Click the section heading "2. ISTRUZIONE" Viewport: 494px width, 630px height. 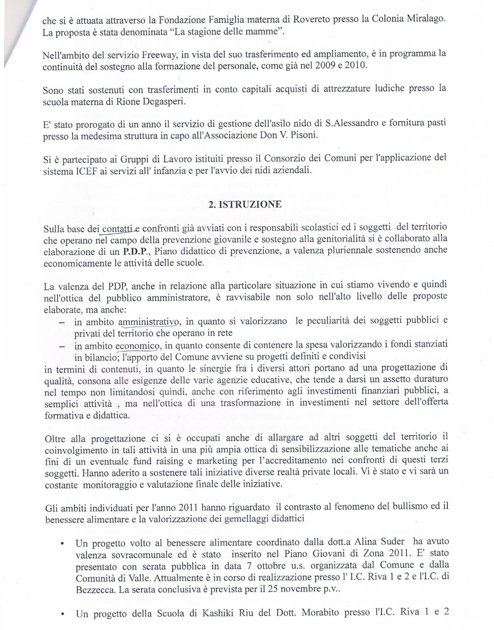[245, 204]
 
